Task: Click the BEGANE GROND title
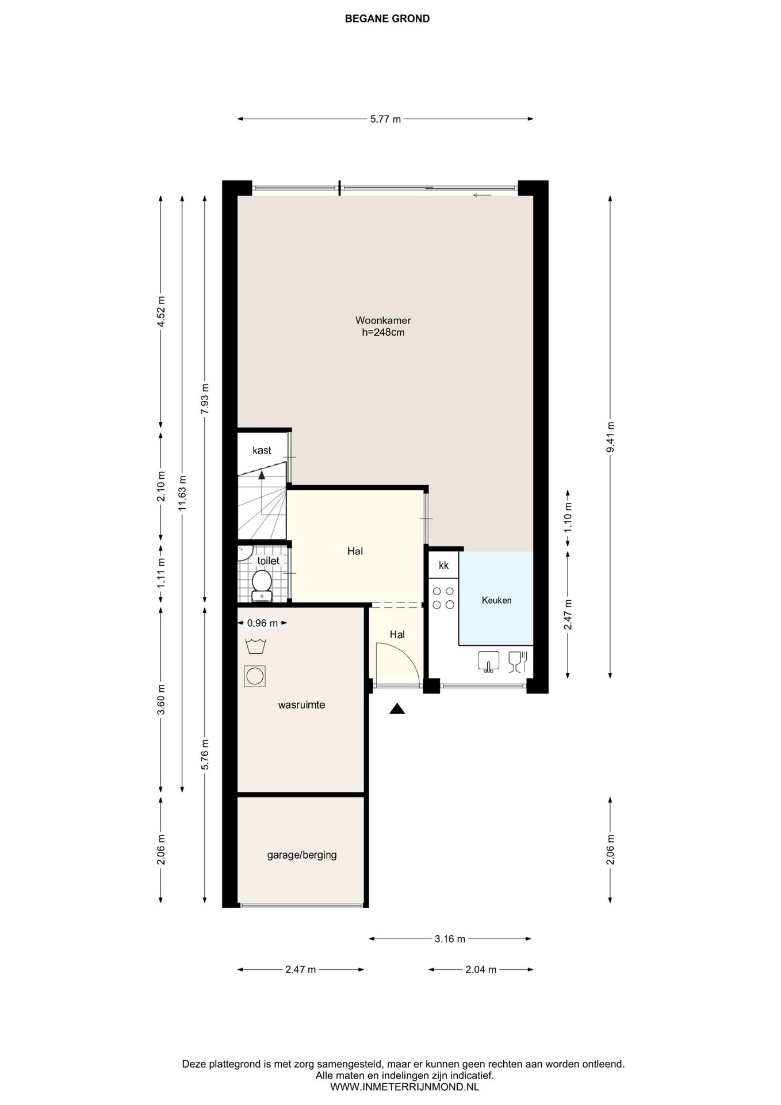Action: point(387,18)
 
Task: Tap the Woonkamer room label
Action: point(383,321)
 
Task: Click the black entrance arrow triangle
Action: point(397,708)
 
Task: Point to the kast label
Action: point(262,451)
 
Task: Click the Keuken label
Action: point(496,600)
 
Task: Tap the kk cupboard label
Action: point(443,565)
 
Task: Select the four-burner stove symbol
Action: point(443,597)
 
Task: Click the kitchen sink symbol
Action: point(489,662)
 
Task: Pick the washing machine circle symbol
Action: point(255,676)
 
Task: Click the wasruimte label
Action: point(301,704)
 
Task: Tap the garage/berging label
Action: point(302,855)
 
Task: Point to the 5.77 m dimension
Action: point(385,119)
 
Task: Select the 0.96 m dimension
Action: point(262,623)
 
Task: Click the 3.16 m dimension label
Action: point(450,939)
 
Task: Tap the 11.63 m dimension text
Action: point(182,493)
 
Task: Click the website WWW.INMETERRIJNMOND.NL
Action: point(404,1087)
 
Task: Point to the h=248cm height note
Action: point(383,332)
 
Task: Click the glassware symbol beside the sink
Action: point(518,662)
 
